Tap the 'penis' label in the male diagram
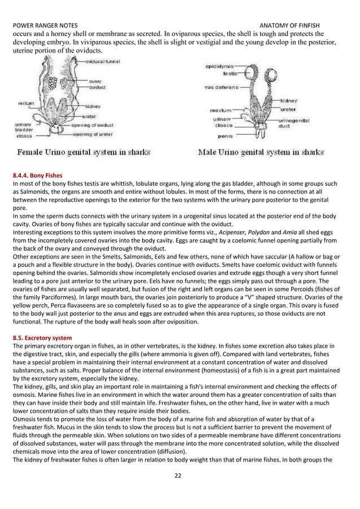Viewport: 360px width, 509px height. point(226,135)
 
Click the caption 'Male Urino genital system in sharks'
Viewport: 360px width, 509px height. point(260,152)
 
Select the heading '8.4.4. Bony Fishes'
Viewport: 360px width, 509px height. point(37,175)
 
